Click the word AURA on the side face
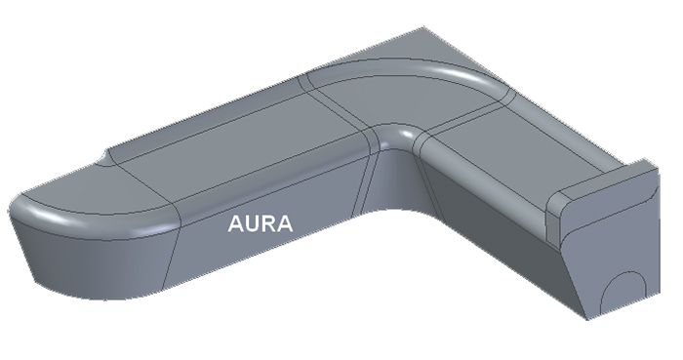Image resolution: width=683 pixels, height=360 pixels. tap(261, 223)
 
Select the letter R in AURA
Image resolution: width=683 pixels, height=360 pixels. tap(270, 223)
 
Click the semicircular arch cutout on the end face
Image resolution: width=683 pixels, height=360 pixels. tap(623, 292)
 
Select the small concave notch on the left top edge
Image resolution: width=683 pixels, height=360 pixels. tap(106, 159)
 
